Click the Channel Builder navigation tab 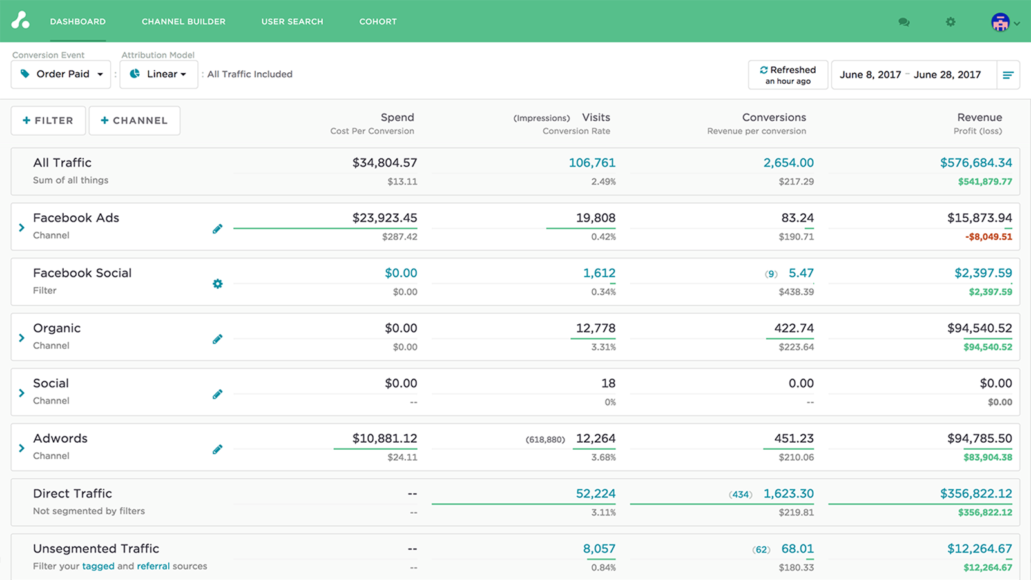[x=183, y=21]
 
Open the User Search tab [x=292, y=21]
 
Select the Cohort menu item [x=378, y=21]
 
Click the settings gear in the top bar [x=950, y=22]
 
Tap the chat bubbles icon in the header [x=904, y=22]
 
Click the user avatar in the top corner [x=1000, y=23]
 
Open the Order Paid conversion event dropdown [x=61, y=74]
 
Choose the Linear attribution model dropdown [x=159, y=74]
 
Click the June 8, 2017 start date [x=870, y=75]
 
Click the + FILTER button [x=48, y=121]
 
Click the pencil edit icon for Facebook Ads [x=218, y=229]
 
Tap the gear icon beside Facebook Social [x=218, y=284]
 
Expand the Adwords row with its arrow [x=22, y=448]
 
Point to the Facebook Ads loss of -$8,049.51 [x=988, y=237]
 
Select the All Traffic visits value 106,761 [x=592, y=163]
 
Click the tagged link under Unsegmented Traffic [x=98, y=566]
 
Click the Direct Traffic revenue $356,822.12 [x=976, y=494]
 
